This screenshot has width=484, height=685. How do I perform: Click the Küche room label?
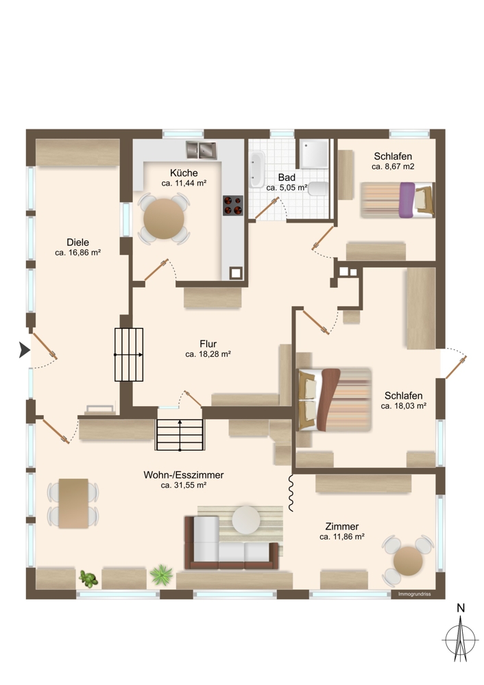184,173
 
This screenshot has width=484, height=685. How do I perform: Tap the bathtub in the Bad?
257,169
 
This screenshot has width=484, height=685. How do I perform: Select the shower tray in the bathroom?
314,154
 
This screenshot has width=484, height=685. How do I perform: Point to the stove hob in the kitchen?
232,205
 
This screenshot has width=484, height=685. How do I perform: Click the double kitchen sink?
201,148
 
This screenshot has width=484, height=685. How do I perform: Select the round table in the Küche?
163,218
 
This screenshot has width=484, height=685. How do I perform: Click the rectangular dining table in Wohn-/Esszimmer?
73,503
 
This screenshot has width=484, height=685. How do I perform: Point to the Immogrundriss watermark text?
414,594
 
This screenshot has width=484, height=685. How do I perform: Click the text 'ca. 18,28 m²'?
208,354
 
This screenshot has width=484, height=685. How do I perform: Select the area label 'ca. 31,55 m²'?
184,485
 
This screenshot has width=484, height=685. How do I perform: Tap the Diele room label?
78,242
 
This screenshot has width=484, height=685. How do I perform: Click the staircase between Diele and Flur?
129,354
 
